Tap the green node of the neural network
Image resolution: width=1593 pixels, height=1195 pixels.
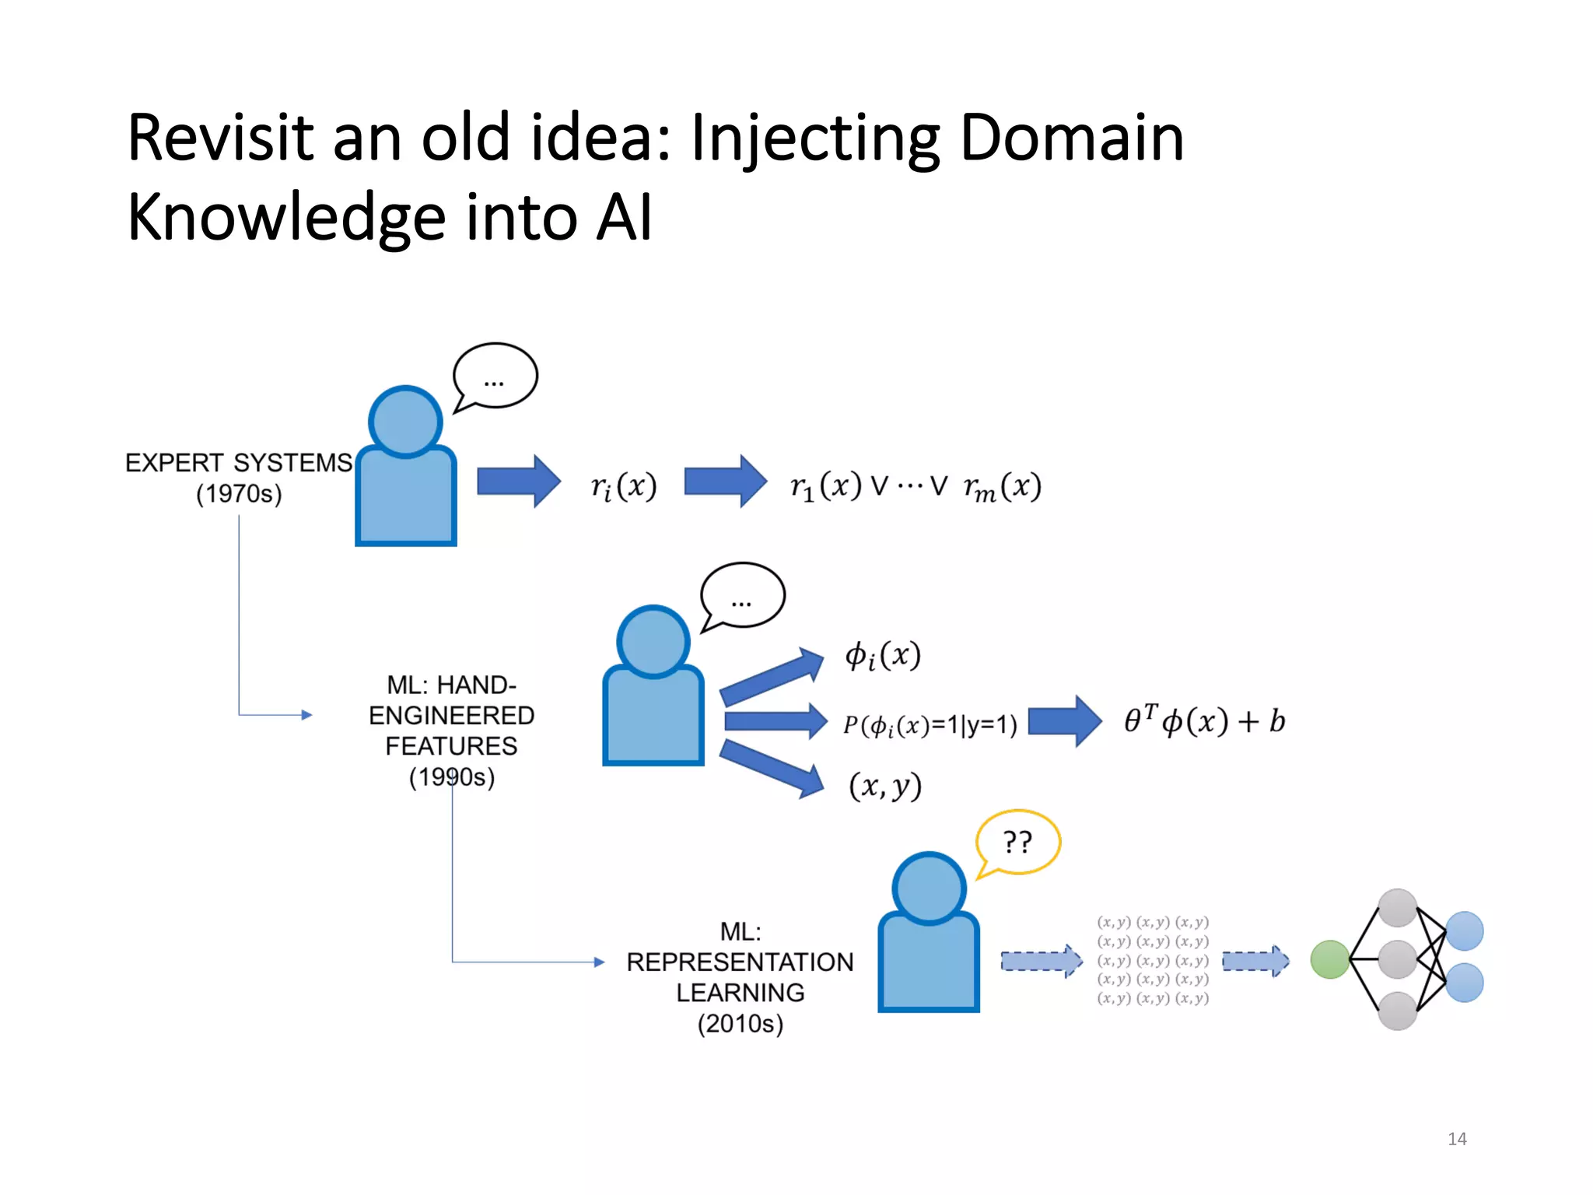click(1329, 959)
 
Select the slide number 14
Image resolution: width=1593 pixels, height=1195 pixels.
click(1457, 1139)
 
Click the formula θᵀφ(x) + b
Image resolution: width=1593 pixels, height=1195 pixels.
click(1204, 720)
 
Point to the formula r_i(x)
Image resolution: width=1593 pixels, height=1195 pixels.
click(624, 486)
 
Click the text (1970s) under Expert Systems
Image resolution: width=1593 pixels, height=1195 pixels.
click(239, 493)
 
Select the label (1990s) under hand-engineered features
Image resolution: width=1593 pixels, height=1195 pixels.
click(452, 776)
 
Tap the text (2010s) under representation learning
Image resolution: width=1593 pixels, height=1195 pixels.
click(740, 1023)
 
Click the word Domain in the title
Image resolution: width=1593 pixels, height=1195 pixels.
click(1071, 138)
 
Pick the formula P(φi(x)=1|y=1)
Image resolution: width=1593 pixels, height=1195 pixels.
click(930, 725)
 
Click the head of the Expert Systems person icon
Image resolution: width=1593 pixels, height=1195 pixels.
click(405, 422)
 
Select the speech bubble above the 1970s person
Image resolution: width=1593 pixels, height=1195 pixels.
click(495, 376)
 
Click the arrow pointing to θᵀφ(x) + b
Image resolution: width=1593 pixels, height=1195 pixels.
click(1064, 721)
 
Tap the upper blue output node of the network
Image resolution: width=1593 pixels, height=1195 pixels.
click(1465, 930)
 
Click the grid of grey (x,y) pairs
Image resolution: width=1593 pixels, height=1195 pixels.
click(1153, 960)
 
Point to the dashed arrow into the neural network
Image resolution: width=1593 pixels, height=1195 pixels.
click(1255, 962)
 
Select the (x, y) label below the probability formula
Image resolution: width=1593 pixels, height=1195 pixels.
click(885, 786)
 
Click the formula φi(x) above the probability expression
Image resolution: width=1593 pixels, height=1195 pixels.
click(883, 655)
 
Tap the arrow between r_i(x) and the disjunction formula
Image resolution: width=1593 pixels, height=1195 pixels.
click(725, 482)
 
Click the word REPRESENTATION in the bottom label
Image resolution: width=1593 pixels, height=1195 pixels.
click(740, 962)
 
